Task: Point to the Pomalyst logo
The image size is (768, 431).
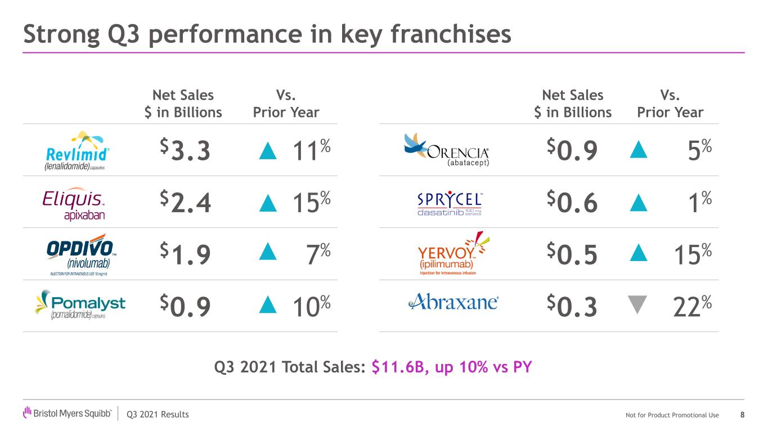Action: tap(79, 304)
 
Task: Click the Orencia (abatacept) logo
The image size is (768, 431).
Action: tap(447, 150)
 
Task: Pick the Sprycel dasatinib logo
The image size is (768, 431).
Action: tap(450, 204)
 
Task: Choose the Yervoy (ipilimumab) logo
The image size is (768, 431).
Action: tap(449, 253)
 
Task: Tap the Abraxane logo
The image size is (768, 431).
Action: tap(453, 302)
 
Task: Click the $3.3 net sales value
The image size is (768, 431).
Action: tap(185, 151)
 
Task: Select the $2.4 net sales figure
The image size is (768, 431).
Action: tap(185, 203)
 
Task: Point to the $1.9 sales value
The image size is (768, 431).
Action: tap(185, 254)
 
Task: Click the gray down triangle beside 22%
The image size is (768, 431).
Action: tap(637, 304)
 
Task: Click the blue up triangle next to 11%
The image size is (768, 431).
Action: tap(268, 151)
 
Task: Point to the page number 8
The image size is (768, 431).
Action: tap(743, 415)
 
